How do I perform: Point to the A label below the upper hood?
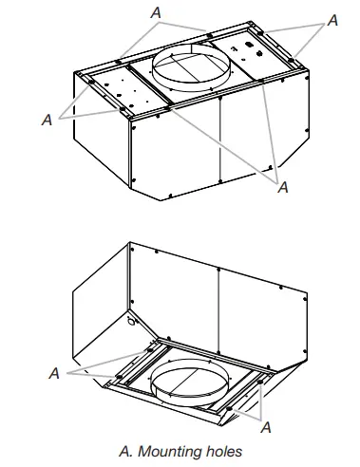(x=282, y=188)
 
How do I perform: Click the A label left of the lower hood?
(x=53, y=374)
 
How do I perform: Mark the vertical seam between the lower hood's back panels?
(x=219, y=304)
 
